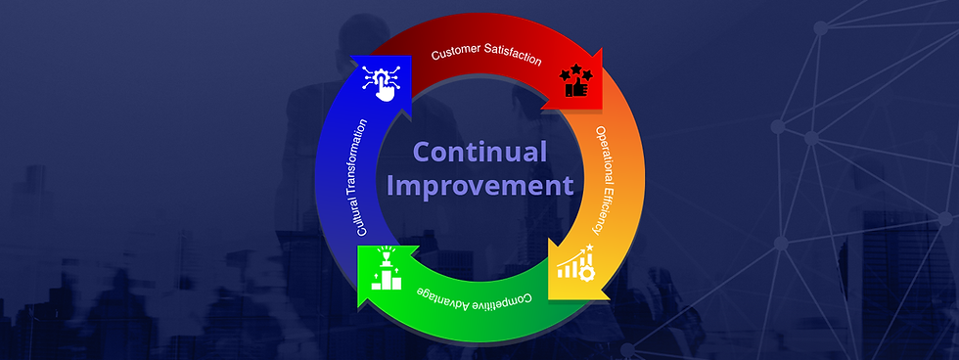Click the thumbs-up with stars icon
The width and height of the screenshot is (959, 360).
(x=576, y=80)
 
